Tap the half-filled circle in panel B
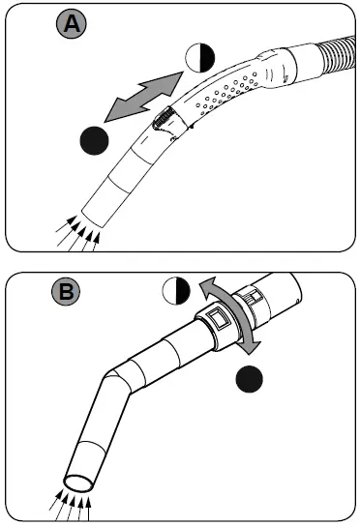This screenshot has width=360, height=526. point(175,291)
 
